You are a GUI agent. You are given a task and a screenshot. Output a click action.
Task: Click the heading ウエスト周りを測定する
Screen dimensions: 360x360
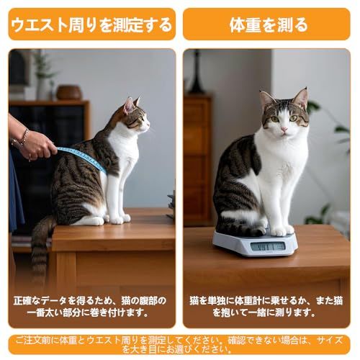(91, 25)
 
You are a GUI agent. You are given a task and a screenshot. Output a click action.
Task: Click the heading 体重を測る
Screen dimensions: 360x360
(269, 25)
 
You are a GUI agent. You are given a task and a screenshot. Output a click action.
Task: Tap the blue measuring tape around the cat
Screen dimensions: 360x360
(81, 157)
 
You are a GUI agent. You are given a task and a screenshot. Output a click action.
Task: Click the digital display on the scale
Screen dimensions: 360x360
(267, 247)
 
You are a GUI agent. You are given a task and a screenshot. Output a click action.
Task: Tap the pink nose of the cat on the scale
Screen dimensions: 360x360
(284, 130)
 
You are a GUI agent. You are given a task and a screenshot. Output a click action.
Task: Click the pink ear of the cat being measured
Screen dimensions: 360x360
(129, 106)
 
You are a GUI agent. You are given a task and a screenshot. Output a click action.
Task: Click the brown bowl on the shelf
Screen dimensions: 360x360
(69, 93)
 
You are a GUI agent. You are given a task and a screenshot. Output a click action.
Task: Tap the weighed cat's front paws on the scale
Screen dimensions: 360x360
(283, 231)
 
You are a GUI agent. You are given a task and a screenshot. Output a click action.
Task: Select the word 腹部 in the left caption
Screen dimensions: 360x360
(145, 301)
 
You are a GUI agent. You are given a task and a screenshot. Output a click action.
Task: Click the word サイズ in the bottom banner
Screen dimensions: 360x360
(329, 341)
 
